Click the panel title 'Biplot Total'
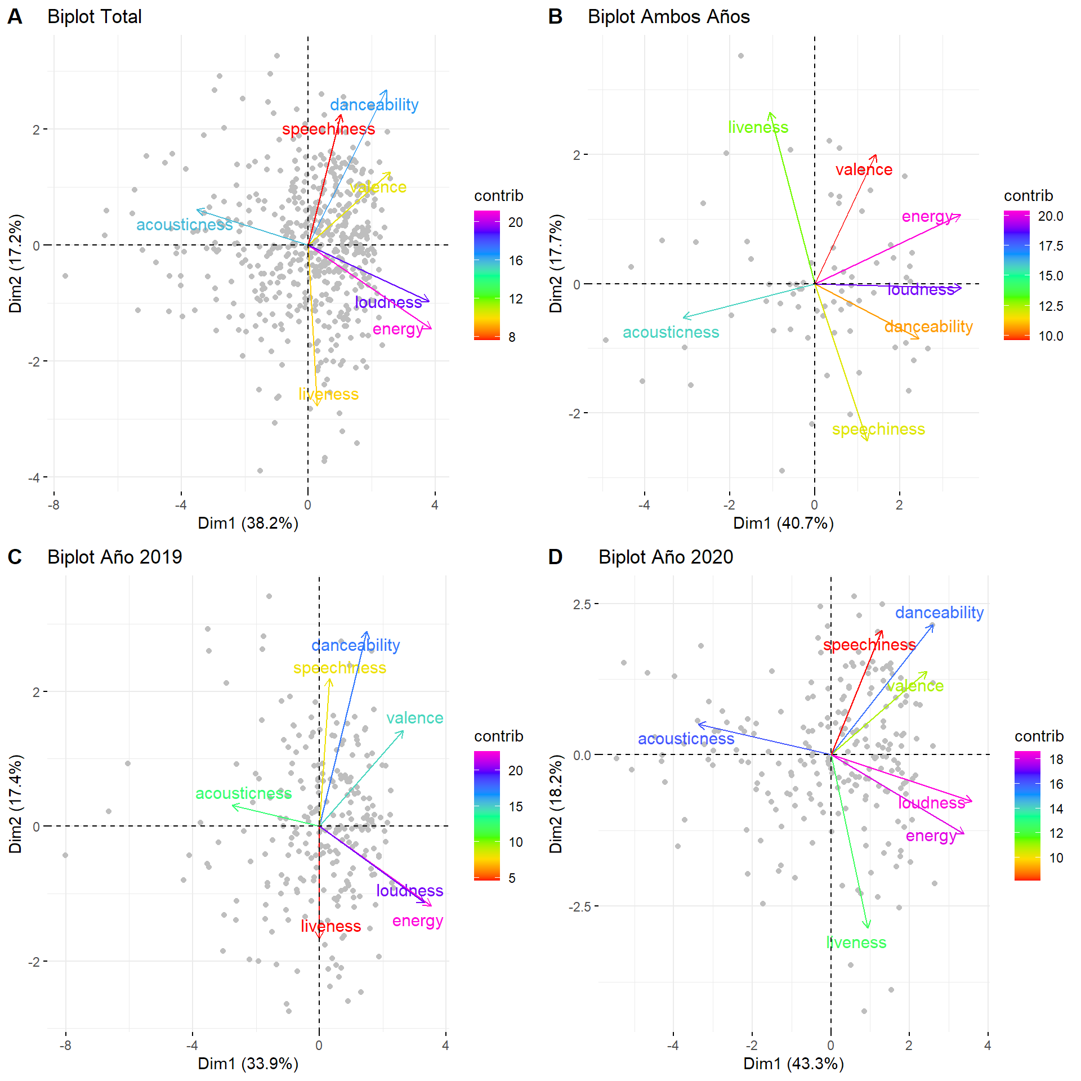(94, 17)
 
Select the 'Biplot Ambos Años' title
(668, 17)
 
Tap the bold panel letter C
(15, 557)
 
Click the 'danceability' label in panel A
(374, 105)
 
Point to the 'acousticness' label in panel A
(184, 225)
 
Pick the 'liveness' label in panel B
(758, 127)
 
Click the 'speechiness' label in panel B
(878, 429)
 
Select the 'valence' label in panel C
(414, 718)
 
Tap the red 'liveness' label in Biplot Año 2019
(330, 926)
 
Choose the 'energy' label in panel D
(931, 836)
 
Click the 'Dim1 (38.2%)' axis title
(248, 523)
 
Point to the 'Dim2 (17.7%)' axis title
(556, 263)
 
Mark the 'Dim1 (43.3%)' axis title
(793, 1064)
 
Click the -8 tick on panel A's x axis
(53, 505)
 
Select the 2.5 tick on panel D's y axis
(582, 604)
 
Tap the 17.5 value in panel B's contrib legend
(1051, 246)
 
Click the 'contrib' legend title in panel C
(498, 736)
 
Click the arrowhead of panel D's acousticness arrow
(699, 725)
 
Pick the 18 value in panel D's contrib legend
(1056, 760)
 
